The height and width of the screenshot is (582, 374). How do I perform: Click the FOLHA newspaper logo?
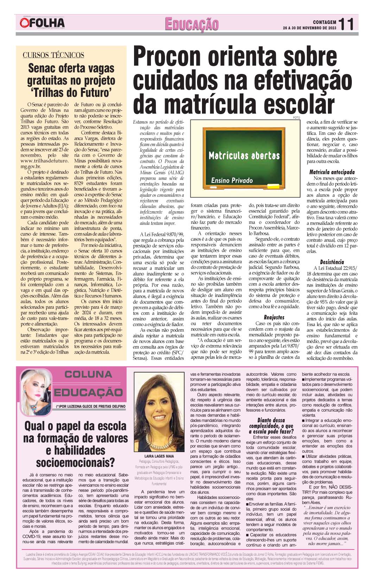pos(42,23)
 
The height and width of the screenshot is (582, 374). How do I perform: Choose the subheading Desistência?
pos(332,262)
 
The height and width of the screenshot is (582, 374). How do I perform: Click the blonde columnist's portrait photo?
pos(37,389)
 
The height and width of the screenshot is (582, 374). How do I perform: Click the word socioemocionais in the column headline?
pos(76,462)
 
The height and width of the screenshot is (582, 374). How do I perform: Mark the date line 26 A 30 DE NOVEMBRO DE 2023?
pos(310,28)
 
